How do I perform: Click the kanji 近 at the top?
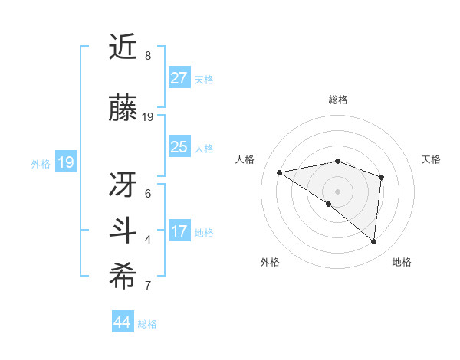123,47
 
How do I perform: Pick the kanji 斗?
123,231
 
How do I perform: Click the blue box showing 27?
179,77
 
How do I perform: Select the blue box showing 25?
179,147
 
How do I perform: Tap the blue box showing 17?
179,231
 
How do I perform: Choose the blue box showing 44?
123,322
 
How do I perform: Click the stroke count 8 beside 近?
148,57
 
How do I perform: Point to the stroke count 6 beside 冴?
148,193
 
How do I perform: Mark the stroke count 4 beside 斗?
148,240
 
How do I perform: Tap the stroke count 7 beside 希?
148,286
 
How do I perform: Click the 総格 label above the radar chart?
337,100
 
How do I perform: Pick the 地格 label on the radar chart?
402,262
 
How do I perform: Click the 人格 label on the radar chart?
245,159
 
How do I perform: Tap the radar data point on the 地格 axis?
373,242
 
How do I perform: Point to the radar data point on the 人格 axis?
279,172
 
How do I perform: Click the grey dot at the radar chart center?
337,191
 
